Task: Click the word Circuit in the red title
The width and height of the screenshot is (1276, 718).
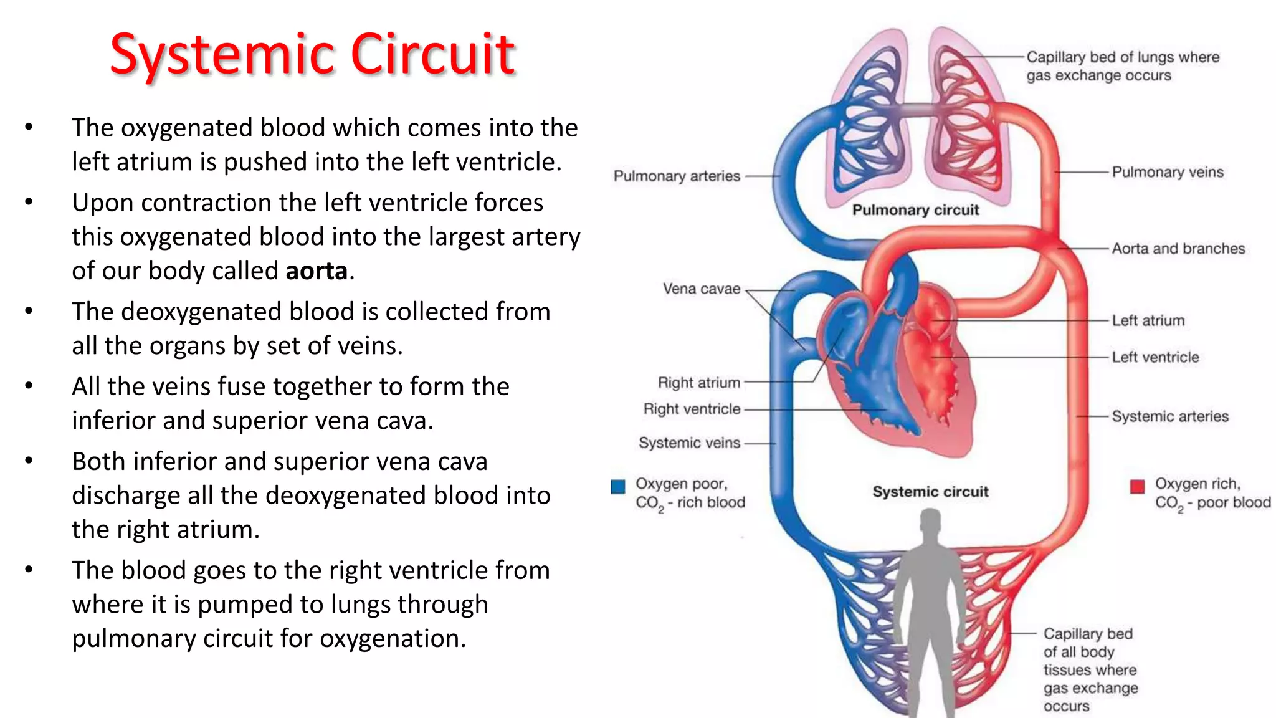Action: click(x=432, y=55)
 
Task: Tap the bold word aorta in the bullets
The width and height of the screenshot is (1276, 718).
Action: click(x=317, y=271)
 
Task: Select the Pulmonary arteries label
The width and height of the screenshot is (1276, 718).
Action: click(x=677, y=176)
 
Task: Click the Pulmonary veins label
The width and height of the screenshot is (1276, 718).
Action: click(x=1167, y=172)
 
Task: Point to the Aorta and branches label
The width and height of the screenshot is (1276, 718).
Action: click(x=1178, y=249)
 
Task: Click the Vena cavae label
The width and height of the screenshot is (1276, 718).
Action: click(x=702, y=289)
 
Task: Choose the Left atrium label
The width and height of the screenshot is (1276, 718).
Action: click(x=1148, y=321)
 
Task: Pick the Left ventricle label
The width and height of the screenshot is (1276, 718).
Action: click(x=1155, y=357)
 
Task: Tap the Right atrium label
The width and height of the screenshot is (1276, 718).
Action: click(x=698, y=383)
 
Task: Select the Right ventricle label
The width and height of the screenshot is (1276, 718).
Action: click(x=692, y=409)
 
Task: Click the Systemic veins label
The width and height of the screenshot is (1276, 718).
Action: click(x=689, y=443)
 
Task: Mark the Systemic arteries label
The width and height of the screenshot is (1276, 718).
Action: click(x=1169, y=416)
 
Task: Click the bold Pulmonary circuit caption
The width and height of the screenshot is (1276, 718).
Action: click(x=915, y=210)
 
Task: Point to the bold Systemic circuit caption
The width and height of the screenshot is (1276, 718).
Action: click(x=930, y=492)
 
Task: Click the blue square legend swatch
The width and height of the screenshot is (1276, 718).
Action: click(x=618, y=487)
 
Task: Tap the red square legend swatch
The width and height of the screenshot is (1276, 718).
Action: click(x=1137, y=486)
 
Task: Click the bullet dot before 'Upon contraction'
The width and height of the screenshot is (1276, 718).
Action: click(x=29, y=203)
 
